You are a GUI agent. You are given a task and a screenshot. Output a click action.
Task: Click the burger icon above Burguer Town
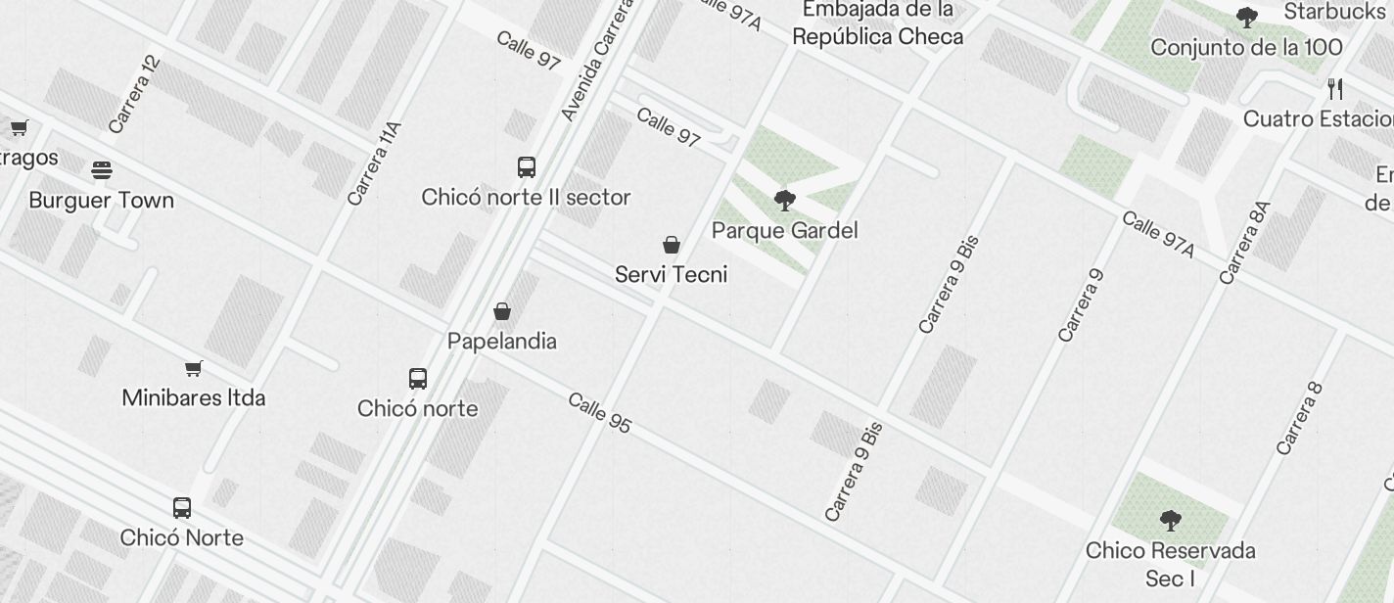pyautogui.click(x=101, y=170)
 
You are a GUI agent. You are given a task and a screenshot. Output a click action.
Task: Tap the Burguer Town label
pyautogui.click(x=101, y=200)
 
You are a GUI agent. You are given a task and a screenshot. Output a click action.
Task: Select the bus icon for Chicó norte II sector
pyautogui.click(x=527, y=166)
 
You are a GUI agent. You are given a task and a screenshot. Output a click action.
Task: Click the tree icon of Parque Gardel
pyautogui.click(x=784, y=201)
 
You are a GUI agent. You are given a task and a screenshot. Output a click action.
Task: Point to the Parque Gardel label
pyautogui.click(x=784, y=230)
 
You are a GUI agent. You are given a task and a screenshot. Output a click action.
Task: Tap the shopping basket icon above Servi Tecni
pyautogui.click(x=672, y=244)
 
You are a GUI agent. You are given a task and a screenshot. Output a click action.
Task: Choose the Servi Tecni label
pyautogui.click(x=671, y=274)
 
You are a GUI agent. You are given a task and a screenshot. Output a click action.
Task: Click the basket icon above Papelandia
pyautogui.click(x=502, y=311)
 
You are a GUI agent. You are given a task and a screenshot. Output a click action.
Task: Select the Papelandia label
pyautogui.click(x=501, y=341)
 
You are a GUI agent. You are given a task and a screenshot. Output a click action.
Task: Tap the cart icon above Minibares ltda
pyautogui.click(x=194, y=368)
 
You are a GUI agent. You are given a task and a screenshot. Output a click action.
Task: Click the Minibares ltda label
pyautogui.click(x=193, y=397)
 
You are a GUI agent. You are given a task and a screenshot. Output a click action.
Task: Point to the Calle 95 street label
pyautogui.click(x=599, y=412)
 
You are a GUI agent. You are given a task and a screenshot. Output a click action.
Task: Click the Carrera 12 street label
pyautogui.click(x=134, y=95)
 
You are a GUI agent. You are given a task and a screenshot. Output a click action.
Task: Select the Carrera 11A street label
pyautogui.click(x=375, y=162)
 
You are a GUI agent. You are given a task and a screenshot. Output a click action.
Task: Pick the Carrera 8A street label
pyautogui.click(x=1245, y=243)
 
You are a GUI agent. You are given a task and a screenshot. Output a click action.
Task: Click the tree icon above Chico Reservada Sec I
pyautogui.click(x=1170, y=520)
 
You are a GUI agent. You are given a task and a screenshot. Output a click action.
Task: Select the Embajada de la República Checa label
pyautogui.click(x=877, y=23)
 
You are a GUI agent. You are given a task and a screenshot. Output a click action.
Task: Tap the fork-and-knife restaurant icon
pyautogui.click(x=1335, y=89)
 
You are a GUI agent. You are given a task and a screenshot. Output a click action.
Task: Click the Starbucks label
pyautogui.click(x=1334, y=12)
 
